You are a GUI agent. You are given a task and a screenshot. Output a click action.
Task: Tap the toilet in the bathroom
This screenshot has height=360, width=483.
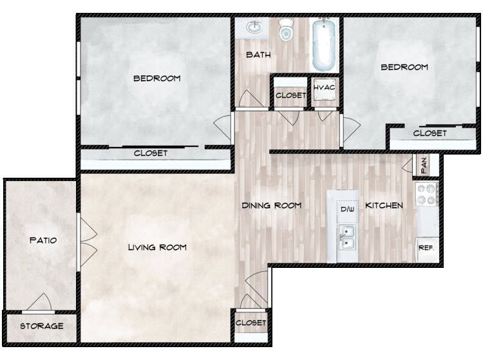tap(286, 29)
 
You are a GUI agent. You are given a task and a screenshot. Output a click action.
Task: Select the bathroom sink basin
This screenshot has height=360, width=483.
tap(253, 28)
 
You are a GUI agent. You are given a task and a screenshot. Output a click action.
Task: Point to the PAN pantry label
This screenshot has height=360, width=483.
tap(424, 166)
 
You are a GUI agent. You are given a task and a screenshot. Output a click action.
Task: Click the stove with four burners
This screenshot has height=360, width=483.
tap(428, 194)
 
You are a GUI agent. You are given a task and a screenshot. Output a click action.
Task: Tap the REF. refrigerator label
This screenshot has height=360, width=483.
tap(426, 247)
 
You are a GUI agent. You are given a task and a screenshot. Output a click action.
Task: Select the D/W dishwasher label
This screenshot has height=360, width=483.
tap(347, 209)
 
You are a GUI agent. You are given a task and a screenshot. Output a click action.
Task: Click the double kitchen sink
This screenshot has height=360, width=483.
tap(347, 238)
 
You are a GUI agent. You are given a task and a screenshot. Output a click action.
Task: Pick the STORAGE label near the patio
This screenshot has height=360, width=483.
tap(41, 326)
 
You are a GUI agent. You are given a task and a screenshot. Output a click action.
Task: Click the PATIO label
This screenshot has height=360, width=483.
tap(43, 240)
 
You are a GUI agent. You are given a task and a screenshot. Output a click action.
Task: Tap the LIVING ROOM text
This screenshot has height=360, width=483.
tap(157, 247)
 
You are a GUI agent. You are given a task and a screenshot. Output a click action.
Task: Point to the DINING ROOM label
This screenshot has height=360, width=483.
tap(272, 205)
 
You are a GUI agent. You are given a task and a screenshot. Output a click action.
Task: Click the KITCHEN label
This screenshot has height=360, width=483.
tap(384, 205)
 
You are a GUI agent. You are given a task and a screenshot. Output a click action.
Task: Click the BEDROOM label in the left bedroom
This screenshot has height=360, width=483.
tap(156, 79)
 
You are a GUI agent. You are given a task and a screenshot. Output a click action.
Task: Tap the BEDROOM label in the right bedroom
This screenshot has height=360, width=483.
tap(404, 67)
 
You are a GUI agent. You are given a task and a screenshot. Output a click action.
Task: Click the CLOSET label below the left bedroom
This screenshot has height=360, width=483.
tap(151, 153)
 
